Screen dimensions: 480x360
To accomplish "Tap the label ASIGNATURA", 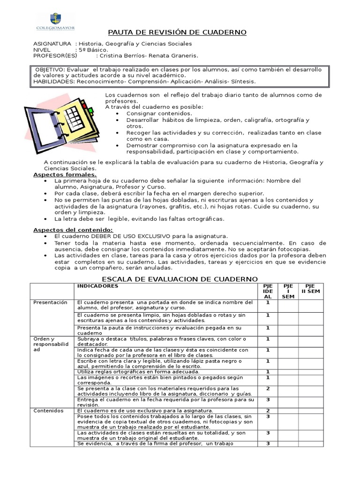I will [52, 44].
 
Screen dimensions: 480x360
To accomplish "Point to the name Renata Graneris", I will [174, 55].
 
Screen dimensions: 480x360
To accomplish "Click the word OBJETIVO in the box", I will [50, 69].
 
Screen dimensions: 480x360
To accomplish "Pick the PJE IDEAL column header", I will [268, 291].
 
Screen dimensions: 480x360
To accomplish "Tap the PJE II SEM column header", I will [310, 288].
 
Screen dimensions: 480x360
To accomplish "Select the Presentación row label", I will [50, 302].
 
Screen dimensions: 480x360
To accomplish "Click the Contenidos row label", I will [48, 410].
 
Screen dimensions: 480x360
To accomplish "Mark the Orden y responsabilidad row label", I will [51, 344].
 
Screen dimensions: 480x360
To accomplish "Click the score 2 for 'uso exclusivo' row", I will [268, 410].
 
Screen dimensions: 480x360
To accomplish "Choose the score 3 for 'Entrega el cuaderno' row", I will [268, 399].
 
